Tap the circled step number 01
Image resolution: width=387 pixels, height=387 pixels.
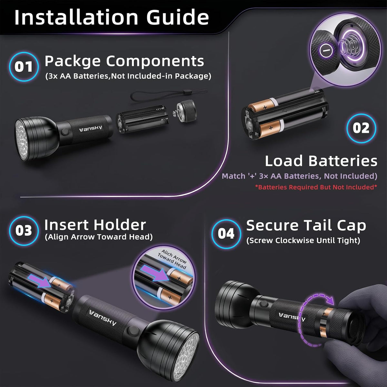(x=24, y=67)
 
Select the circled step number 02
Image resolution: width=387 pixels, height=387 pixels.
(x=361, y=128)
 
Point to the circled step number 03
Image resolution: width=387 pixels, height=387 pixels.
(x=24, y=231)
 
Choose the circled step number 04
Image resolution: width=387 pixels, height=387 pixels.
(x=226, y=233)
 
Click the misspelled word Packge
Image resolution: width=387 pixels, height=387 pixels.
(x=73, y=62)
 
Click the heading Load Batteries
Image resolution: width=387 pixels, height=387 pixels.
(x=321, y=161)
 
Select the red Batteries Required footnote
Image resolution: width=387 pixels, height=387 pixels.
(x=316, y=187)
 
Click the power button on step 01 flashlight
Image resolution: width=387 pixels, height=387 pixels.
(x=65, y=132)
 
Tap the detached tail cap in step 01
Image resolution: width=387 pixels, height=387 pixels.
(x=186, y=111)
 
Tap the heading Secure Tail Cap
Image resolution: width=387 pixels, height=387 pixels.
(x=306, y=226)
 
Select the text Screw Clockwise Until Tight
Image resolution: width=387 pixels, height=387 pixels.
(x=303, y=240)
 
